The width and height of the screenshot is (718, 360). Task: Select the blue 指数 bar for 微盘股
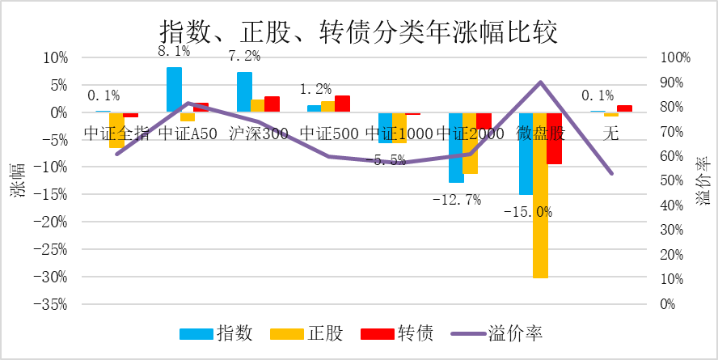coord(526,154)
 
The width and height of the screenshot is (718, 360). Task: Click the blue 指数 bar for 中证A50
coord(174,90)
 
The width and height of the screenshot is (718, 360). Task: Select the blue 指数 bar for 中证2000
coord(456,147)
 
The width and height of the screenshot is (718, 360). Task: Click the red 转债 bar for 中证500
coord(342,104)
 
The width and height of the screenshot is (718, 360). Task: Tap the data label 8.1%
coord(173,52)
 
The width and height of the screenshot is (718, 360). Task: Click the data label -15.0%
coord(527,212)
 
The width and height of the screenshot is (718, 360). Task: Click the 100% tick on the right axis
coord(674,58)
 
